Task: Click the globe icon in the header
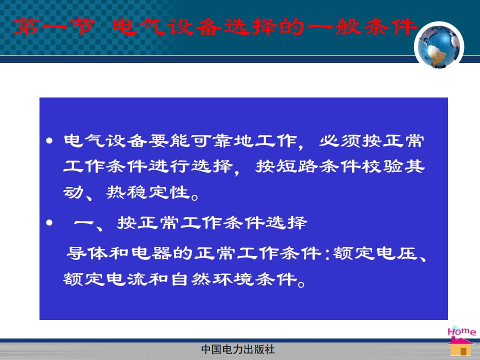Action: [439, 46]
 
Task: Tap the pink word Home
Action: [461, 331]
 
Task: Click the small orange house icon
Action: [460, 346]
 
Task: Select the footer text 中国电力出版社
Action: [238, 349]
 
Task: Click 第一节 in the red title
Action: [54, 26]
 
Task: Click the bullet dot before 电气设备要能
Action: [49, 141]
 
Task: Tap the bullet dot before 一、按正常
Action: [49, 222]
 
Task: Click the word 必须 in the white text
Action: [340, 141]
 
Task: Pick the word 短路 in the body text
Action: [297, 166]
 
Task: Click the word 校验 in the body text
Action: [381, 166]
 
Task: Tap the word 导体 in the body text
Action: [87, 253]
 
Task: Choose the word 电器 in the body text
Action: [151, 253]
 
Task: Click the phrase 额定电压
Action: [375, 253]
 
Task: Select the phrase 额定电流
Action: [105, 279]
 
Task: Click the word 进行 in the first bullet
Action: [169, 166]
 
